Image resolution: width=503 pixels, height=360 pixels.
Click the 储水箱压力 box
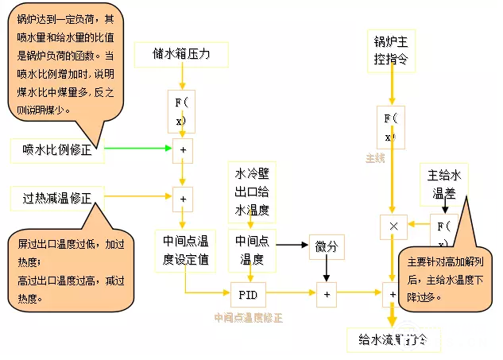(182, 55)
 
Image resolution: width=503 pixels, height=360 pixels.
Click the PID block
(248, 294)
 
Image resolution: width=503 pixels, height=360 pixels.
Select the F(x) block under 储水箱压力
(182, 110)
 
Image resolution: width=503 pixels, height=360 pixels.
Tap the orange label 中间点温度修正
(249, 318)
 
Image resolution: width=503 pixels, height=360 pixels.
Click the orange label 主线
(375, 157)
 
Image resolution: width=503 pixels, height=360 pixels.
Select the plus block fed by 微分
(327, 294)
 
